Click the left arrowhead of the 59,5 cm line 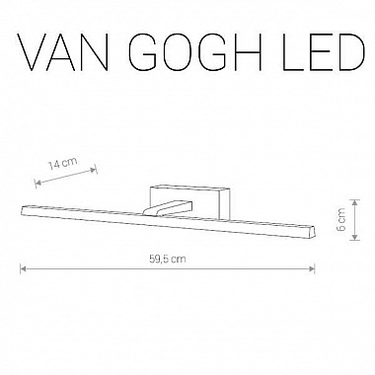[x=23, y=268]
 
